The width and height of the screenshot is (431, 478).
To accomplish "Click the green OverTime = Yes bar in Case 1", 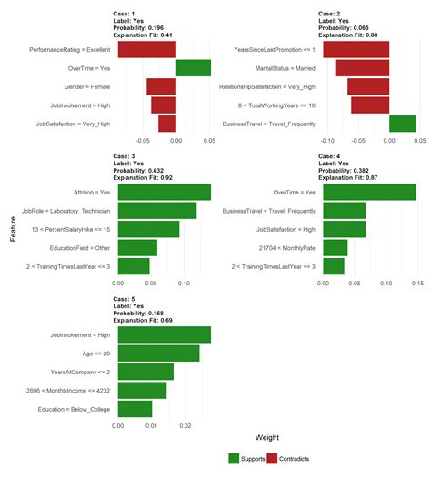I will (x=193, y=68).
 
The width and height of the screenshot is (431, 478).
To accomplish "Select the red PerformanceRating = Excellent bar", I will (x=147, y=49).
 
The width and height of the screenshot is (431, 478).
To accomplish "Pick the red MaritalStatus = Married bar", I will (x=361, y=68).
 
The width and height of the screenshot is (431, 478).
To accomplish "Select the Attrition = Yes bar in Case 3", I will (x=165, y=192).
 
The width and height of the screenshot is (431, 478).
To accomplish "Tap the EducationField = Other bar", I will (x=137, y=247).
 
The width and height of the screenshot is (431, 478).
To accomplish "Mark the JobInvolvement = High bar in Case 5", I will (x=165, y=335).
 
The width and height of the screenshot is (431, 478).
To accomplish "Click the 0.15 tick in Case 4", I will (x=416, y=283).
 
